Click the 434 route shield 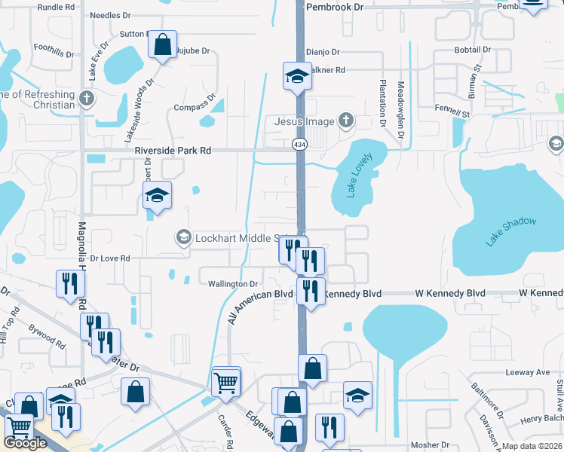(x=299, y=143)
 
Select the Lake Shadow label (x=510, y=231)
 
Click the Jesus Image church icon (x=345, y=121)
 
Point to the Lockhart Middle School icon (x=182, y=238)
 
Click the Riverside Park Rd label (x=173, y=151)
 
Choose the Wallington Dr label (x=234, y=284)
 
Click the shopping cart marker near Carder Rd (x=226, y=382)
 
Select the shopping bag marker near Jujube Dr (x=162, y=44)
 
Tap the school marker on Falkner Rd (x=297, y=75)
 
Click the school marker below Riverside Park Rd (x=157, y=196)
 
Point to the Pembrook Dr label (x=335, y=6)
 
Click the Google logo (x=26, y=443)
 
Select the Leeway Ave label (x=527, y=372)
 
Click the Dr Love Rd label (x=110, y=258)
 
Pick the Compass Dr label (x=195, y=108)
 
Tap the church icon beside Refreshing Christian (x=87, y=98)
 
